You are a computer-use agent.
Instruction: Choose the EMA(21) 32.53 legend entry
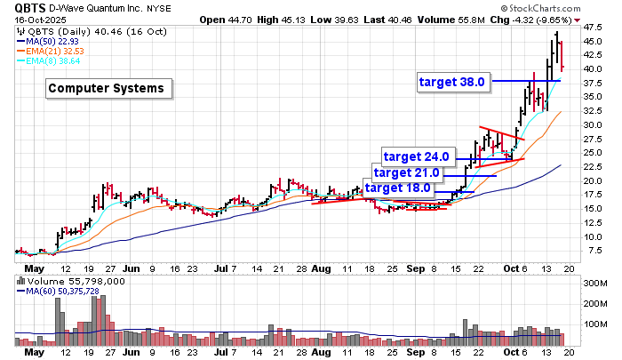pyautogui.click(x=57, y=52)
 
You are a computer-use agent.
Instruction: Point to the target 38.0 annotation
pyautogui.click(x=451, y=82)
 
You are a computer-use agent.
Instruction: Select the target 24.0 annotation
pyautogui.click(x=416, y=156)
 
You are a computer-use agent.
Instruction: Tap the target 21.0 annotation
pyautogui.click(x=406, y=172)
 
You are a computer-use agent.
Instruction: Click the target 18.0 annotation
pyautogui.click(x=397, y=188)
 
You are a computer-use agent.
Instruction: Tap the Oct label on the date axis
pyautogui.click(x=509, y=266)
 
